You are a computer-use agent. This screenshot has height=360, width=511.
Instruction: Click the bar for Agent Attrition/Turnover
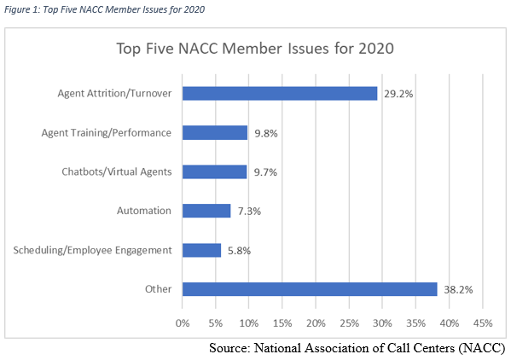280,94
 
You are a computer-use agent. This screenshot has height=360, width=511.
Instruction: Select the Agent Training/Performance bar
215,132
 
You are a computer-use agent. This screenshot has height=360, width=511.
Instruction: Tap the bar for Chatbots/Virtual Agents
214,171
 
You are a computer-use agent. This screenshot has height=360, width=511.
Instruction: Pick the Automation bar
206,211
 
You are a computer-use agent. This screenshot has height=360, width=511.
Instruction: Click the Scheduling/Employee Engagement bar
201,250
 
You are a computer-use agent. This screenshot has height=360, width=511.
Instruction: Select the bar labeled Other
310,289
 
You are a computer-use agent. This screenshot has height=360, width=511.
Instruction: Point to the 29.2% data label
398,94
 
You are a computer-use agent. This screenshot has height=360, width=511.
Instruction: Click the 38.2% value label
458,290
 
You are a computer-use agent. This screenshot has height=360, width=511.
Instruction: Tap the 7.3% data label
249,211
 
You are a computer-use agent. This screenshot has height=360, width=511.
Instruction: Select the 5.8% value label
239,251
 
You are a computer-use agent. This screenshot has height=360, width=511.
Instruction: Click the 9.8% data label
266,133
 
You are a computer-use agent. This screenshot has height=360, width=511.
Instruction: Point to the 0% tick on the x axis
183,323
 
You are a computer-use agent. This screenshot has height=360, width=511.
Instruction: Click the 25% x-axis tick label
350,323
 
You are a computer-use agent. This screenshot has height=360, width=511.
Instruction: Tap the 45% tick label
483,323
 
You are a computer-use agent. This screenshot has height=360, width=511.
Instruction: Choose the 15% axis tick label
282,323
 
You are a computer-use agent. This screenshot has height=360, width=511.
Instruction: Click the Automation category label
144,211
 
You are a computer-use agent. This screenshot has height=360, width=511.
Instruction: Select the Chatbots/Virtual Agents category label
117,171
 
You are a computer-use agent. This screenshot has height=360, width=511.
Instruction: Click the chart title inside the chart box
255,49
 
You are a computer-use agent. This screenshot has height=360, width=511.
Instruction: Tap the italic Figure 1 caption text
104,9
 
